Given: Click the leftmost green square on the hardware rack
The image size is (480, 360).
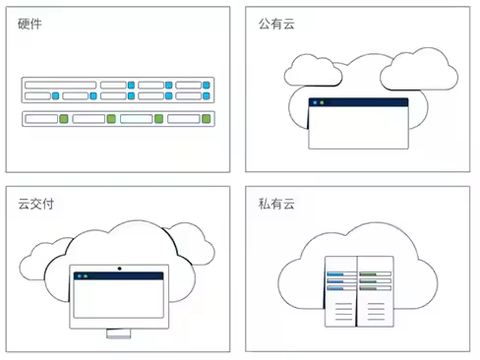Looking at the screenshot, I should point(63,119).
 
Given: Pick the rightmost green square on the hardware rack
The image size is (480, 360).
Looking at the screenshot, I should point(207,119).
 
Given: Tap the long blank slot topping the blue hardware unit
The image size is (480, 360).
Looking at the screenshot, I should point(60,86).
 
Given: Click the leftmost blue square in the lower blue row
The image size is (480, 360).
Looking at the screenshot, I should point(56,96).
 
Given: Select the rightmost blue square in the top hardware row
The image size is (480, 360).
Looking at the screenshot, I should point(207,86).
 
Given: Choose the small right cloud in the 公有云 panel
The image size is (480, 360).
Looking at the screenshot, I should point(418,69).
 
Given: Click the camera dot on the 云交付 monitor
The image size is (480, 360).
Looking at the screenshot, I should point(119,268).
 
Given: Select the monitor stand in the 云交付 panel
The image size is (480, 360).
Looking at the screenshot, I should point(119,333).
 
